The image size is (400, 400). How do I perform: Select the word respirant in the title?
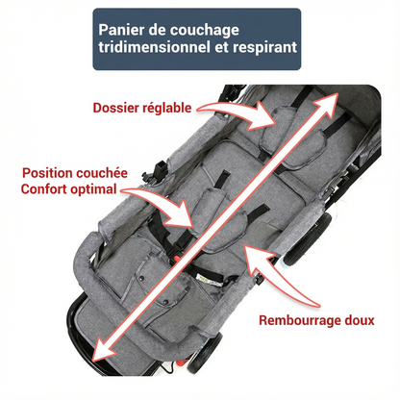(x=265, y=48)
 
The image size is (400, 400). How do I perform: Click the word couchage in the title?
(x=204, y=31)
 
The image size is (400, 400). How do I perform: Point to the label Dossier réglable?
(x=142, y=108)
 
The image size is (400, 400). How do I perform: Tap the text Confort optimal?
(x=68, y=189)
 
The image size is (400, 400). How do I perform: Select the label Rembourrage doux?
(x=316, y=320)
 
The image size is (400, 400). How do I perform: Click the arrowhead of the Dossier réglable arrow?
(x=262, y=117)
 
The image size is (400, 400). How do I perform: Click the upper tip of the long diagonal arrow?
(x=337, y=93)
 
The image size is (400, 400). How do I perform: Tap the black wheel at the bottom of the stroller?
(x=204, y=353)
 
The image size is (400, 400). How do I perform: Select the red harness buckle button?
(x=177, y=258)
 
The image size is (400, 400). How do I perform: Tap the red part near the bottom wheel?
(x=182, y=362)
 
